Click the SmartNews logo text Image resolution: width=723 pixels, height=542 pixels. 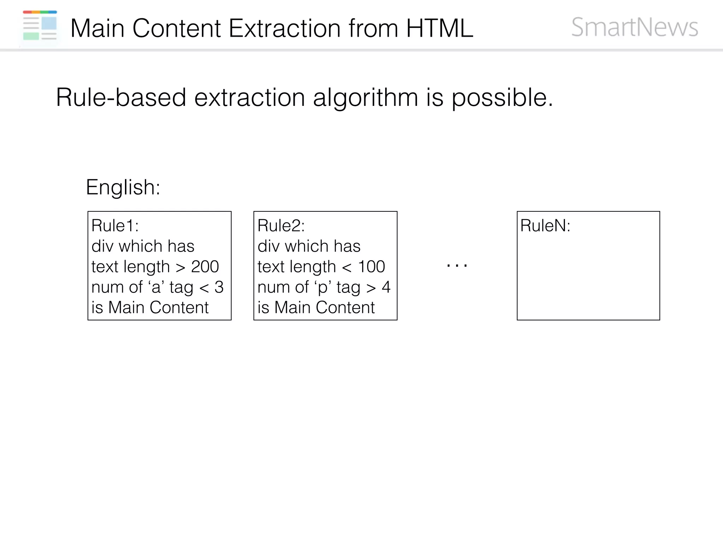pos(634,27)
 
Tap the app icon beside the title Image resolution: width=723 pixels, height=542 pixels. pos(40,25)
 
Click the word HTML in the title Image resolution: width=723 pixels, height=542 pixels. pos(440,28)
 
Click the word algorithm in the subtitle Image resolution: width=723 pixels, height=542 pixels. pos(365,98)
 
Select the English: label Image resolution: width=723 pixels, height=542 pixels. pos(123,187)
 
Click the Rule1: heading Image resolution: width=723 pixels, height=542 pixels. pos(115,225)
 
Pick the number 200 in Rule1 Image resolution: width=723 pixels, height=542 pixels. pos(205,266)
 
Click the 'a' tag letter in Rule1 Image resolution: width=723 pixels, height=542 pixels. pos(156,288)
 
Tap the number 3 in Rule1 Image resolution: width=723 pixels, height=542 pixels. pos(219,287)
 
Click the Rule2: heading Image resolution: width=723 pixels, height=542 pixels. pos(281,225)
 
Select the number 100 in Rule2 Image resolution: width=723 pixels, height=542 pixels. pos(371,266)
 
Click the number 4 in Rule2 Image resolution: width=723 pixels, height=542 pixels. pos(386,287)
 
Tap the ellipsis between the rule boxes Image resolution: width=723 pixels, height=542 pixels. pos(457,266)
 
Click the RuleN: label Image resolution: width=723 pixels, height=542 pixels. pos(545,225)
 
